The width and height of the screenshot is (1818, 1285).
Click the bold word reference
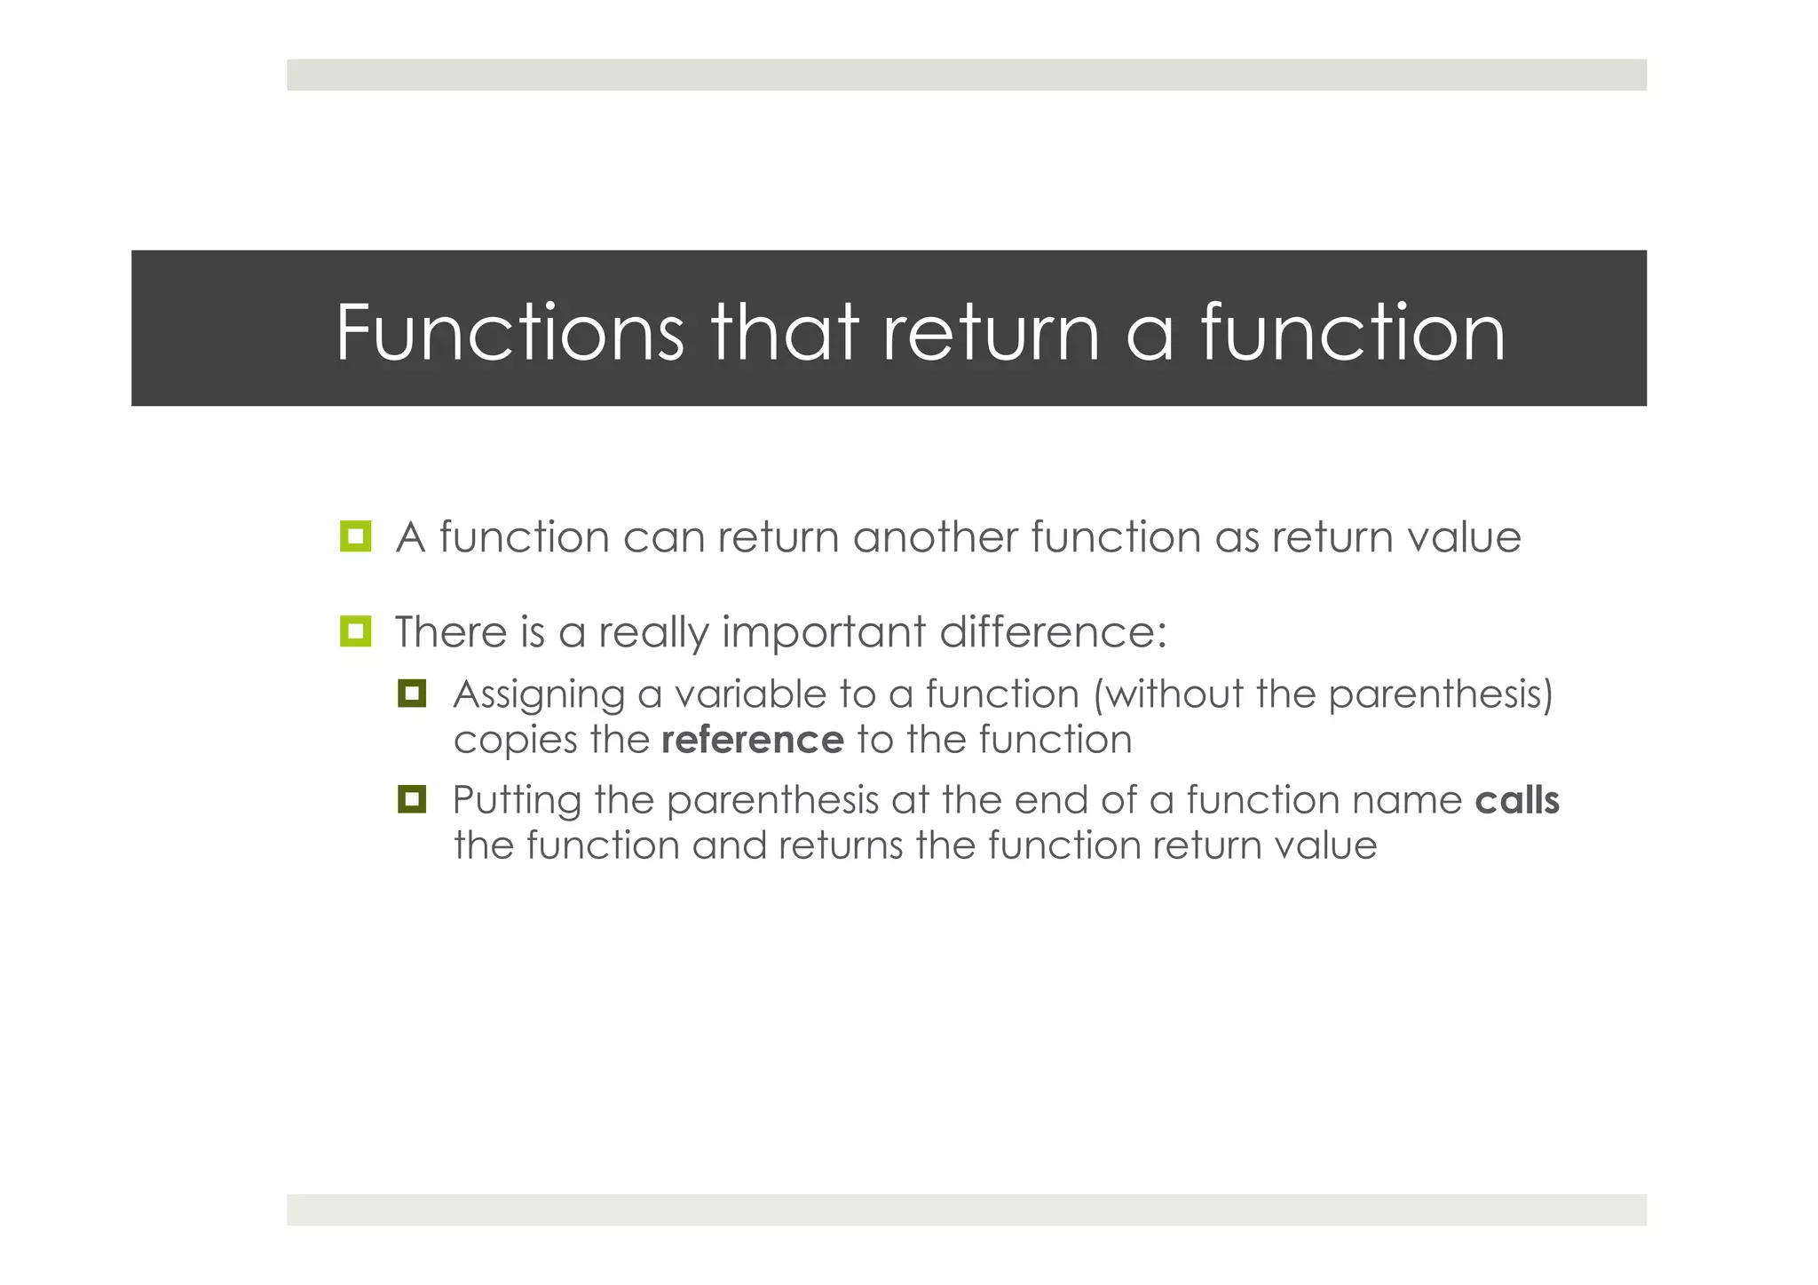752,740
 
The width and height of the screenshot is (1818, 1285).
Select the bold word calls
1516,800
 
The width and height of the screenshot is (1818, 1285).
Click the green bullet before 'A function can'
355,536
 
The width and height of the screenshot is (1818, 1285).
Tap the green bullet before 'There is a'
355,631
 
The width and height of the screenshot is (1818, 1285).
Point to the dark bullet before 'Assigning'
412,693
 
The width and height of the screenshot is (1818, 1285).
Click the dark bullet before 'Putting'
412,799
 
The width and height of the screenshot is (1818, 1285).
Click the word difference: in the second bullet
1053,632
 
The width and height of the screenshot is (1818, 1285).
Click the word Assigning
538,695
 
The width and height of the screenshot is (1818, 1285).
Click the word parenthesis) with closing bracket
1441,694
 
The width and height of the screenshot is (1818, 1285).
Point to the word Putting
516,801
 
